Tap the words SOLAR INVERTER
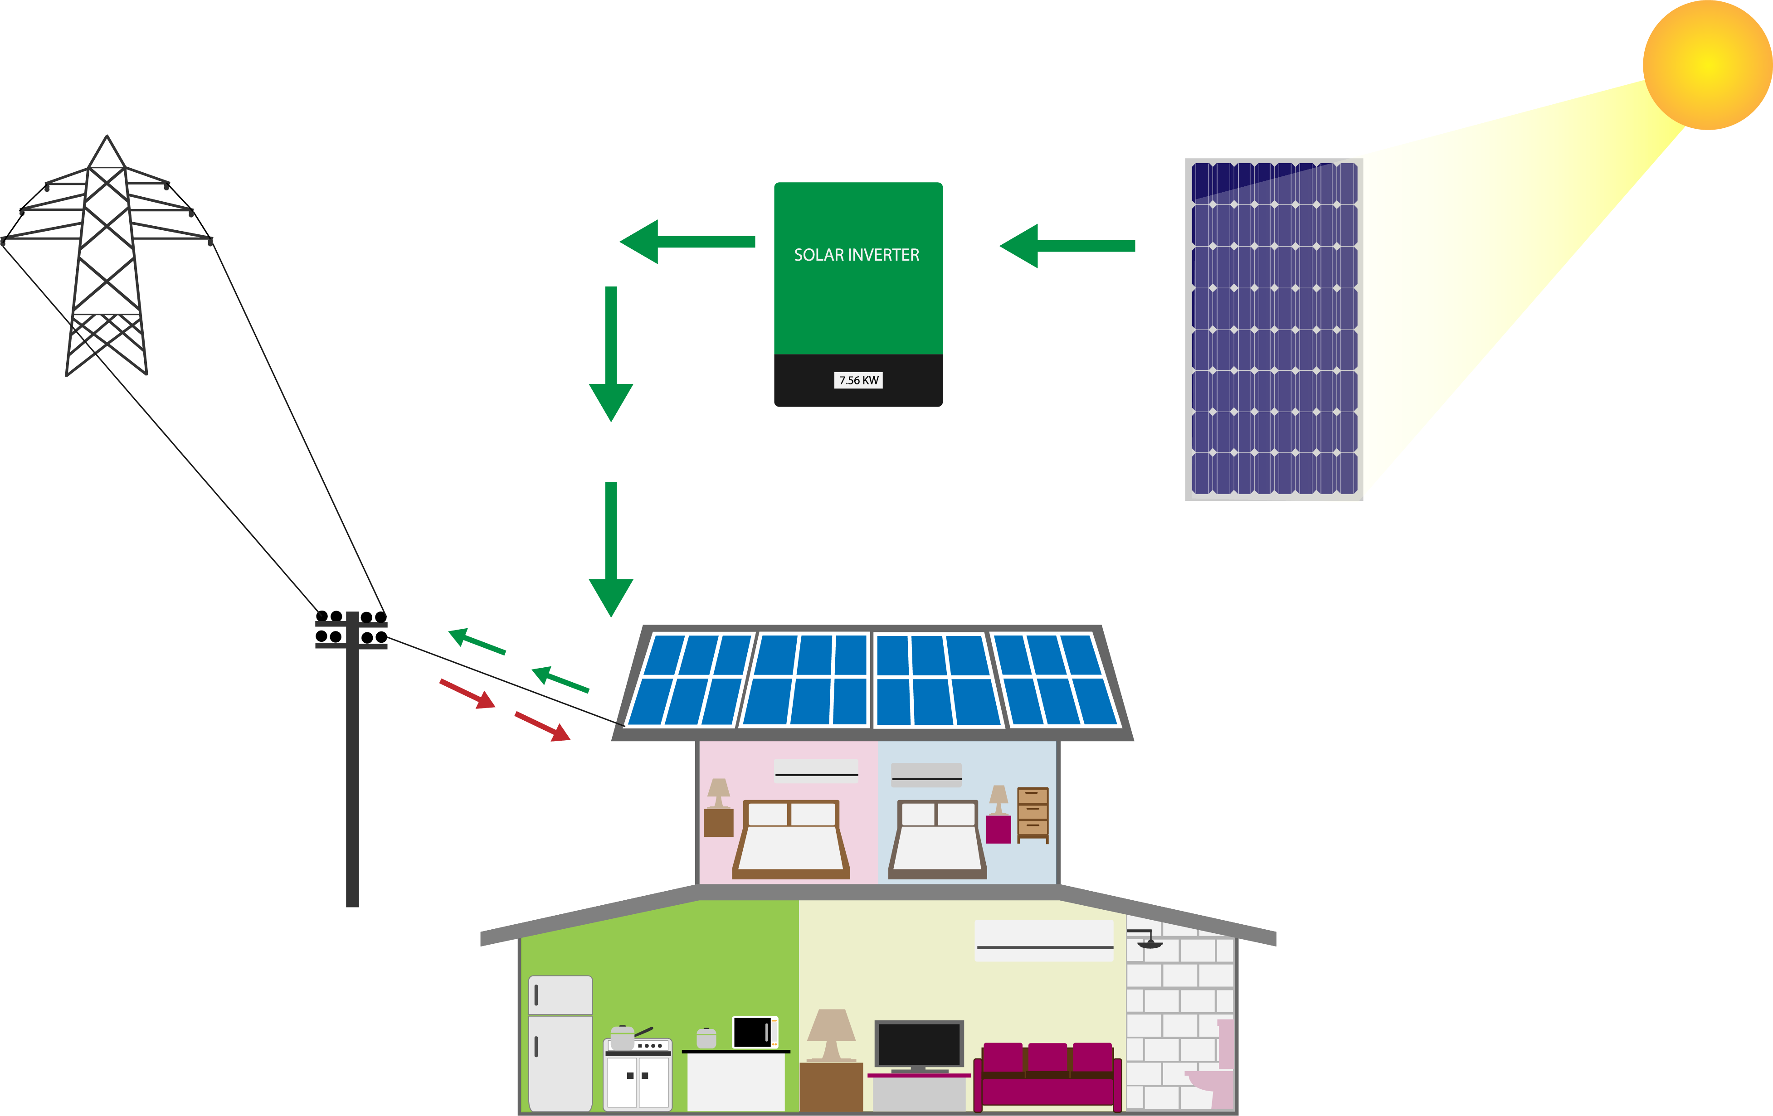click(x=856, y=255)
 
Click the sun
click(x=1707, y=65)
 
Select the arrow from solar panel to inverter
click(x=1067, y=246)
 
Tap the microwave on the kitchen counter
click(x=755, y=1032)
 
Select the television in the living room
click(x=919, y=1045)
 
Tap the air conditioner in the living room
click(x=1044, y=940)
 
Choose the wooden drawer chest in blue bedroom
click(x=1033, y=814)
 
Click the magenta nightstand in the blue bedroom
click(x=999, y=829)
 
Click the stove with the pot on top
click(x=638, y=1071)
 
